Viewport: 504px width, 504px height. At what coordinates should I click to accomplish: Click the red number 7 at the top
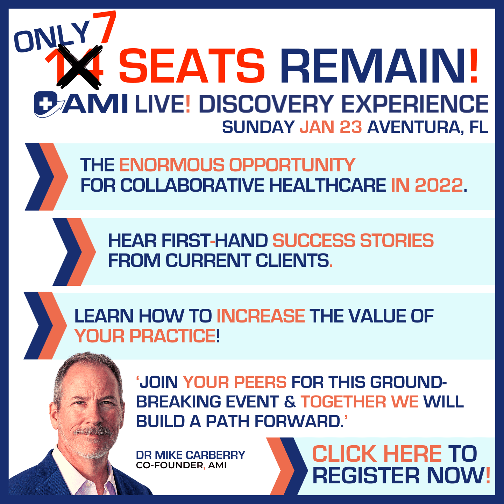tap(106, 28)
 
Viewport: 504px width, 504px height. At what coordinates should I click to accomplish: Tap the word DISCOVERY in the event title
tap(267, 104)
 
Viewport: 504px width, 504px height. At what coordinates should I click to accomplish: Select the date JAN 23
tap(331, 127)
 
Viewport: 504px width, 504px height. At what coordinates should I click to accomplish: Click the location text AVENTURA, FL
tap(428, 128)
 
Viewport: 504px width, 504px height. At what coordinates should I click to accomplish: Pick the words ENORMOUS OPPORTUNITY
tap(237, 165)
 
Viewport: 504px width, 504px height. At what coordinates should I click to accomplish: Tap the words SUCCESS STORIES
tap(353, 240)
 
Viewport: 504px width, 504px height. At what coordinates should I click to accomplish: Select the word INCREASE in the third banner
tap(261, 316)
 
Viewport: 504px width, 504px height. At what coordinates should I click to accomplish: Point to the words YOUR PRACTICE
tap(145, 336)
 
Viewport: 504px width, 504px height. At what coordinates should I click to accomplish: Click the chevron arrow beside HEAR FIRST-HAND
tap(74, 251)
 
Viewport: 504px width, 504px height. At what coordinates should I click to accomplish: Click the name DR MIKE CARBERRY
tap(190, 455)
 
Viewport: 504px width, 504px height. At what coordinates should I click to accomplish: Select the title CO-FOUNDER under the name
tap(170, 465)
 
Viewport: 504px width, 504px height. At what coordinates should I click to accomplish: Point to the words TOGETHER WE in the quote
tap(359, 402)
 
